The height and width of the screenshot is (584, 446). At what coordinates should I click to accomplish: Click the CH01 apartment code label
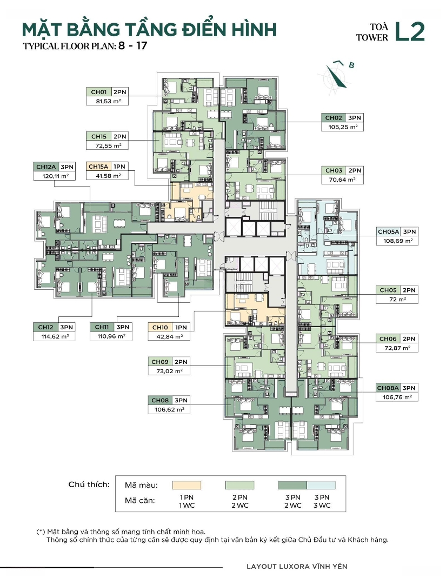point(98,92)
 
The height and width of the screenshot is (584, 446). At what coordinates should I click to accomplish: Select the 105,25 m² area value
point(343,127)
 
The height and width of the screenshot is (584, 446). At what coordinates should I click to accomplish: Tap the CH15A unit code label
point(98,167)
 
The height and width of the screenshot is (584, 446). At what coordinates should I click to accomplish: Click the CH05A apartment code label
point(388,231)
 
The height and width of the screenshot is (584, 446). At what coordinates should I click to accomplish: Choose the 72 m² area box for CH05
point(397,299)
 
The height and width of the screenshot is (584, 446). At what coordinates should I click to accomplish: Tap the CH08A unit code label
point(388,388)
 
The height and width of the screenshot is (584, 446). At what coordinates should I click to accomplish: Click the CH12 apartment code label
point(45,327)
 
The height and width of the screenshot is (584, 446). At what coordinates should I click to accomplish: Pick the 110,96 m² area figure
point(111,336)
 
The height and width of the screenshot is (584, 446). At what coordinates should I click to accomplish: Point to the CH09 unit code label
point(159,362)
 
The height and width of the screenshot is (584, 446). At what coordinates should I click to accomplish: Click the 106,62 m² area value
point(169,410)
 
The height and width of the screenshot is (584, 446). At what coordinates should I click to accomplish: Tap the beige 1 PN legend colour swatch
point(187,485)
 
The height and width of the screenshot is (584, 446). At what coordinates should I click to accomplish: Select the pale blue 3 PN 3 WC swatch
point(321,485)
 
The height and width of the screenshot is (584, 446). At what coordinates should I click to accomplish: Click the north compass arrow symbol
point(337,76)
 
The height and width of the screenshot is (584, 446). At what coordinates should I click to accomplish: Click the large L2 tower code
point(410,32)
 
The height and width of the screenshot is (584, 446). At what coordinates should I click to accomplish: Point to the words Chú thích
point(89,485)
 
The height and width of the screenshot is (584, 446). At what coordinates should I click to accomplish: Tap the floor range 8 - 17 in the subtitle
point(133,46)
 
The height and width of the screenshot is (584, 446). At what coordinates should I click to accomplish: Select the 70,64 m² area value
point(343,180)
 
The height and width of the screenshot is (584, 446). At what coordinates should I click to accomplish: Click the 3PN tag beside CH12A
point(67,167)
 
